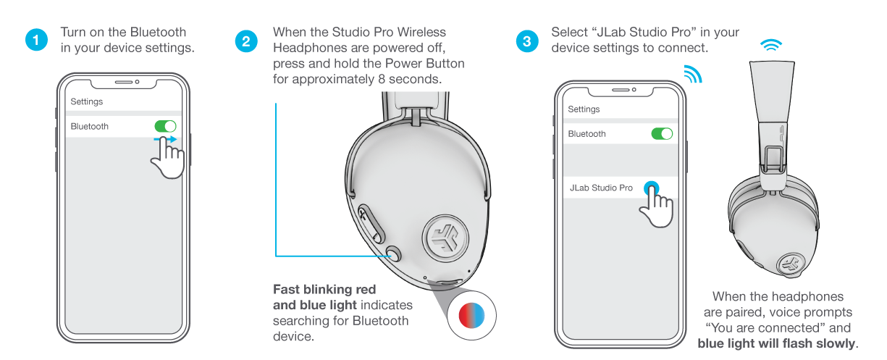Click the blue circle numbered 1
[36, 40]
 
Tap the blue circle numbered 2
[246, 41]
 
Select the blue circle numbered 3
[527, 41]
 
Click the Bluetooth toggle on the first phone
[165, 126]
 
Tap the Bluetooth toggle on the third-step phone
[662, 134]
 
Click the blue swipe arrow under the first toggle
[165, 139]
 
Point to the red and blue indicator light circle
[471, 316]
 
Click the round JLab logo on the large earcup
[445, 239]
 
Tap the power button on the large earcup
[393, 254]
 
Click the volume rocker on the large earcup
[371, 223]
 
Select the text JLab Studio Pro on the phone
[601, 188]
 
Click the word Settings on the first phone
[87, 101]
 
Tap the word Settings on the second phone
[584, 109]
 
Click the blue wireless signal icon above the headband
[771, 45]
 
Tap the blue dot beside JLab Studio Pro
[652, 188]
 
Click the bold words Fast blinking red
[324, 290]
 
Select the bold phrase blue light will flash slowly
[776, 343]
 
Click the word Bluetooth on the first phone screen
[90, 126]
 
